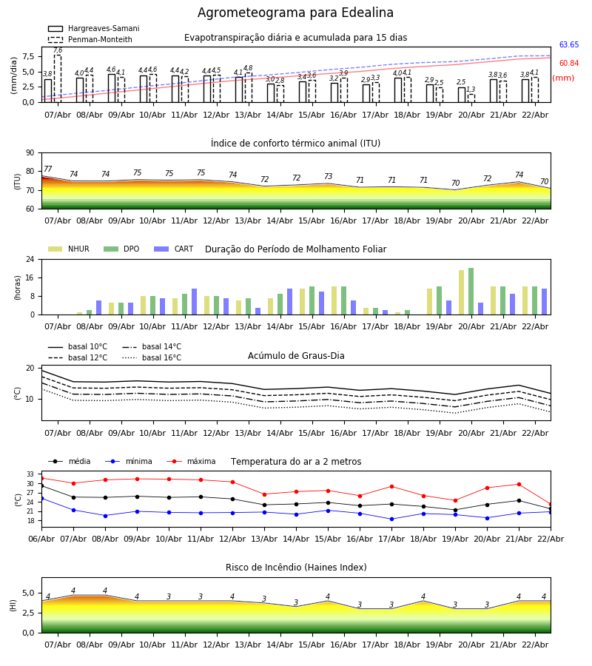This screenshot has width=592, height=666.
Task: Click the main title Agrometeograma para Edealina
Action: click(295, 13)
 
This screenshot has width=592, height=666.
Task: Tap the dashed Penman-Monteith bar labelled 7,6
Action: click(58, 78)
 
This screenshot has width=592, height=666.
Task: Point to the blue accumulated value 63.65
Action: click(569, 45)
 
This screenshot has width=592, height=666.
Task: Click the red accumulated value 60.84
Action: click(569, 64)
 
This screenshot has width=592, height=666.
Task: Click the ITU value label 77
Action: click(48, 169)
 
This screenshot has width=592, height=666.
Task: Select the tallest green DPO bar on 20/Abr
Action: click(471, 292)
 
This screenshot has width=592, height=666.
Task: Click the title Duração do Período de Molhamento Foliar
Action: click(295, 249)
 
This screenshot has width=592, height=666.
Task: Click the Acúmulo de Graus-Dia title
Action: click(296, 356)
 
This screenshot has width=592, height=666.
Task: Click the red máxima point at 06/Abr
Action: click(41, 478)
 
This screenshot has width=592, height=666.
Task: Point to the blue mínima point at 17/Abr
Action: click(391, 519)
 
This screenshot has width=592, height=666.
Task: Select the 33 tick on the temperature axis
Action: click(30, 474)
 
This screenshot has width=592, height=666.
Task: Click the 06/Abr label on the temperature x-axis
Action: click(41, 538)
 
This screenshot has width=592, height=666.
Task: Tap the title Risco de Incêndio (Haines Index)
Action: click(296, 568)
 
